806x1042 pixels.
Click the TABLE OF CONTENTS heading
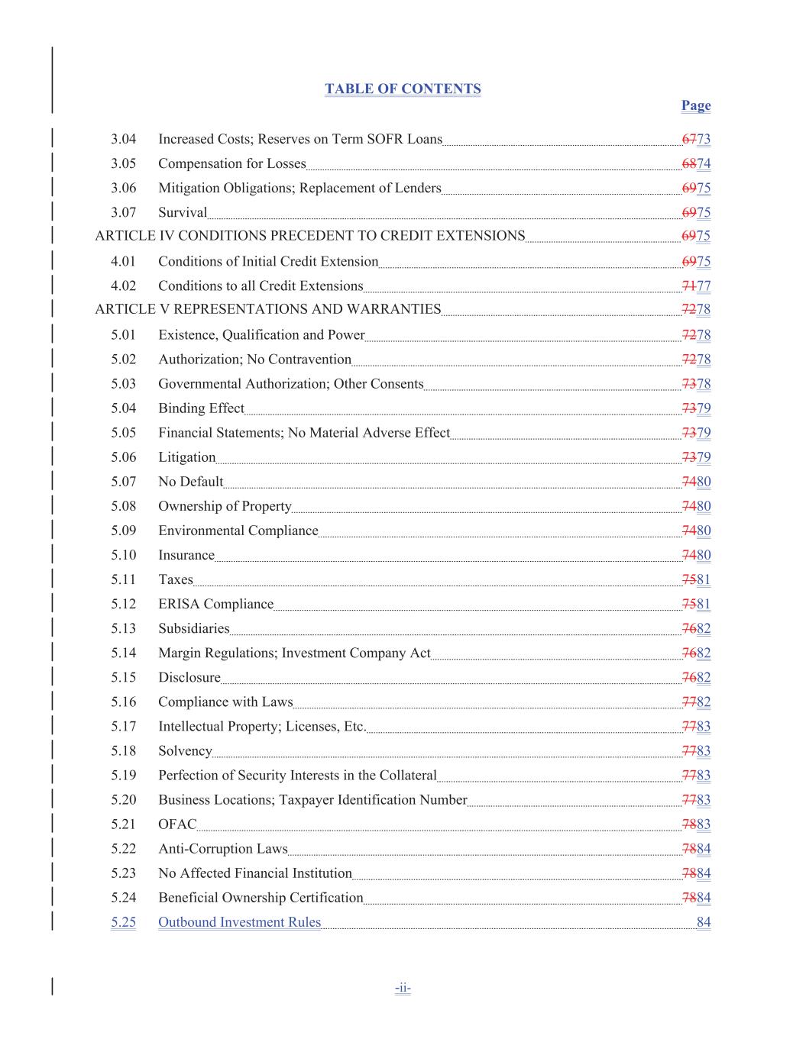[403, 89]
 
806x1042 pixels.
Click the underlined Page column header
[695, 105]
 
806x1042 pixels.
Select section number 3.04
[123, 139]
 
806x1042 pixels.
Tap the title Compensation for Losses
[231, 163]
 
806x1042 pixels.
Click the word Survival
[183, 212]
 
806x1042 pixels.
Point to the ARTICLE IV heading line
[309, 236]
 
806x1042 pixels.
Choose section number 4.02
[123, 286]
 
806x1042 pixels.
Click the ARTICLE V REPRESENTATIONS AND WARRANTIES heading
[267, 309]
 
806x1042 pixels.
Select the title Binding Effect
[201, 408]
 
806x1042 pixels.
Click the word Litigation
[186, 457]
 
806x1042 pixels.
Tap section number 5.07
[123, 482]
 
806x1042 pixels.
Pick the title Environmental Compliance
[238, 531]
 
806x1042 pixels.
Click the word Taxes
[176, 579]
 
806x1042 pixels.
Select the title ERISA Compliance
[215, 604]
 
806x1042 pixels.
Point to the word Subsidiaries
[193, 628]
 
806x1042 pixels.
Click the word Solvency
[185, 750]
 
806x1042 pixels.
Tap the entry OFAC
[177, 824]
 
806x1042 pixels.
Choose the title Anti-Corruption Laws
[222, 849]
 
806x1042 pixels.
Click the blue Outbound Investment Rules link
[239, 922]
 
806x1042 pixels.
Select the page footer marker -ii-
[403, 988]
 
